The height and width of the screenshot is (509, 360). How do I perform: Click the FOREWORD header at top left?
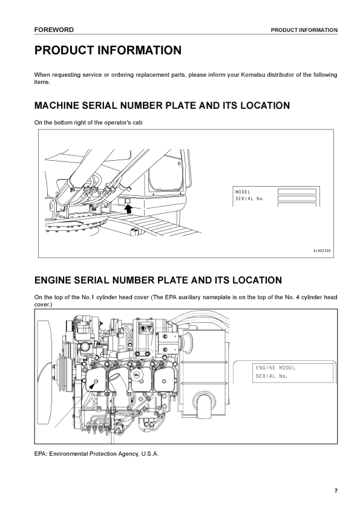[x=54, y=30]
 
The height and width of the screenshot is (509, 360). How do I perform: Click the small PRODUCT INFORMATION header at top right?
[x=304, y=30]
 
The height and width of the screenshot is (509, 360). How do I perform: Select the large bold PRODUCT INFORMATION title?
[x=108, y=50]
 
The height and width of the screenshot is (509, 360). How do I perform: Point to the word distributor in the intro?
[x=280, y=75]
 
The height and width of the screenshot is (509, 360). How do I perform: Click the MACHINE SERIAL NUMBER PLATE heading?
[x=162, y=106]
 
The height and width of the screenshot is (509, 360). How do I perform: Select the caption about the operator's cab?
[x=88, y=123]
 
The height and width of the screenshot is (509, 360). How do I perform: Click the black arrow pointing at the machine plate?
[x=128, y=209]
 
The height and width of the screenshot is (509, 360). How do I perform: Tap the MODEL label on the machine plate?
[x=243, y=192]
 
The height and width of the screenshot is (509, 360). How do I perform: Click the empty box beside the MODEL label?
[x=296, y=192]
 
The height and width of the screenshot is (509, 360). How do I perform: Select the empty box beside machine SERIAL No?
[x=296, y=198]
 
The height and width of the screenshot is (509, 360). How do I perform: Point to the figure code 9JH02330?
[x=322, y=251]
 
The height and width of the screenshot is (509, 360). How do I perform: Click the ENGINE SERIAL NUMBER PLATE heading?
[x=159, y=280]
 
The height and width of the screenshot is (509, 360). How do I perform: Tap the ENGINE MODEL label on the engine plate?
[x=275, y=368]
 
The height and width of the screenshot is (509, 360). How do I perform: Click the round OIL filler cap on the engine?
[x=137, y=375]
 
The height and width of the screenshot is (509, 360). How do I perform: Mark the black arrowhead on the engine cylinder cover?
[x=93, y=385]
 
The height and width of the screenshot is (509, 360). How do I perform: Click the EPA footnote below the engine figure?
[x=96, y=454]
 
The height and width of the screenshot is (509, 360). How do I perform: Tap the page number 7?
[x=336, y=491]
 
